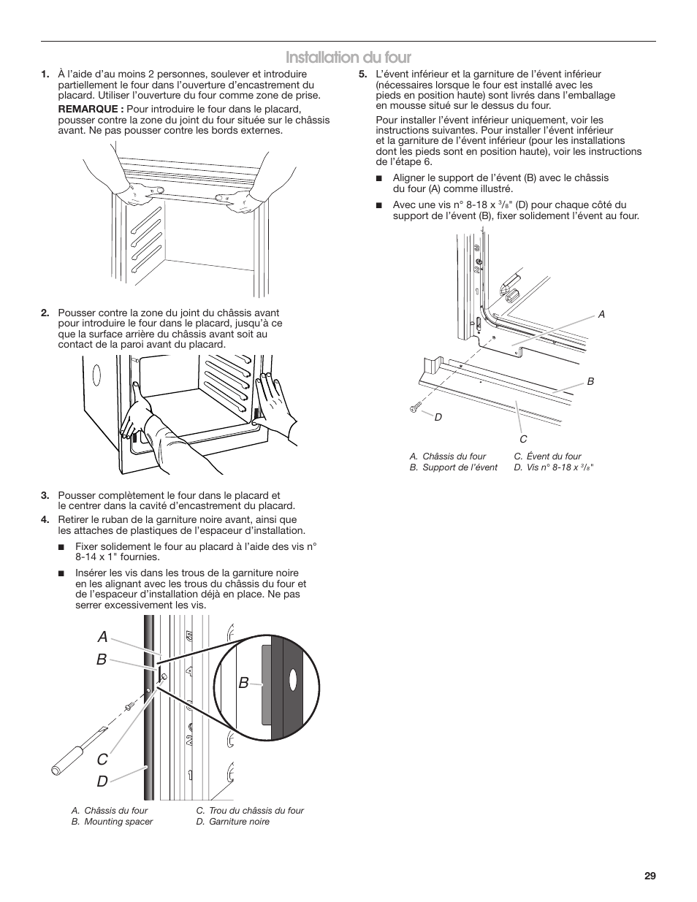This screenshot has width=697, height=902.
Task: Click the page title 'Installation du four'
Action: (348, 58)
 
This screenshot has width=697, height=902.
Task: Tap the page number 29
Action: (650, 876)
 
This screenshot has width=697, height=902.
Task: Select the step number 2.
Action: (45, 313)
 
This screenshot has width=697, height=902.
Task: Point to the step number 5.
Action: (362, 74)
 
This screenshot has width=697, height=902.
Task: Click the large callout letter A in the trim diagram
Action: (102, 635)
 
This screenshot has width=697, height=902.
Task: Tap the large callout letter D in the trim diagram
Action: (102, 781)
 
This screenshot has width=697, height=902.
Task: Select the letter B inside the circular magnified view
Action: (243, 682)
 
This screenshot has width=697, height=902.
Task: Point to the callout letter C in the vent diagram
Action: (523, 438)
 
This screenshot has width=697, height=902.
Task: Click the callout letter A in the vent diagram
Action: (601, 314)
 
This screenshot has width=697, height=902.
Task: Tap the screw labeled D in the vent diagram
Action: (416, 407)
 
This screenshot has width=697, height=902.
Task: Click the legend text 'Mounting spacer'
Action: (118, 822)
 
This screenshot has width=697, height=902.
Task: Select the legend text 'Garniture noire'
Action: (238, 822)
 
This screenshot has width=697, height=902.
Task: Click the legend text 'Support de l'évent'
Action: (460, 467)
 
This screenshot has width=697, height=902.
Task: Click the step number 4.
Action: (45, 520)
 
